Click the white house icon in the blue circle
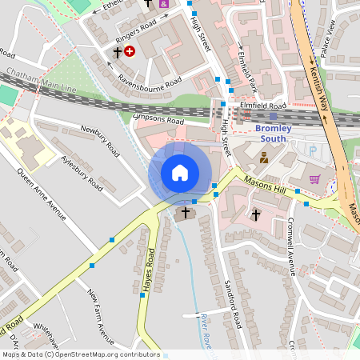180,173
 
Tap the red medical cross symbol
130,50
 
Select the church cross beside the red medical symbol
117,52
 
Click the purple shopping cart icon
314,179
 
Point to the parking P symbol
312,150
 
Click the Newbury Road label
101,140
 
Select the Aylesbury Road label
82,171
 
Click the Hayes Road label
149,269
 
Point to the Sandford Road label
233,298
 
